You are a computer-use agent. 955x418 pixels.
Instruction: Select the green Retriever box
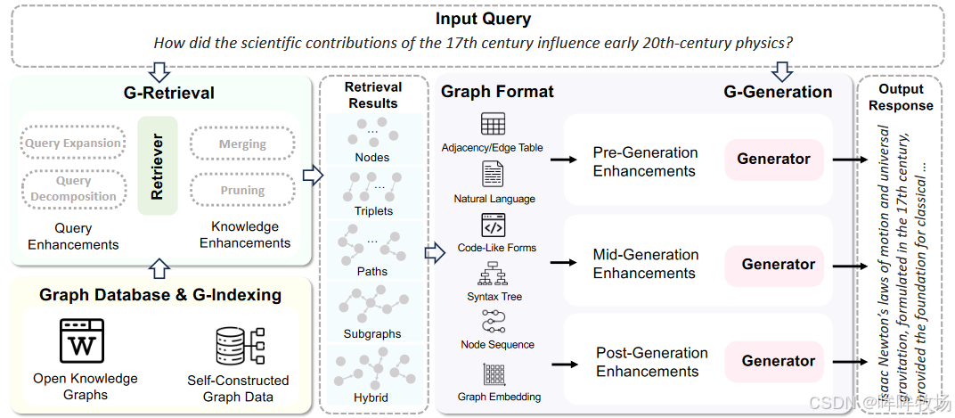point(158,166)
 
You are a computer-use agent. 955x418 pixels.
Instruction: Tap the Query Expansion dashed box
point(73,143)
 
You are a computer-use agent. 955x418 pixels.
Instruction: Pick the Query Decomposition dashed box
point(73,188)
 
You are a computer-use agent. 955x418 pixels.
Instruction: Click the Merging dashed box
point(242,143)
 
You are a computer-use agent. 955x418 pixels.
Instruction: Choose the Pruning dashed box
point(242,190)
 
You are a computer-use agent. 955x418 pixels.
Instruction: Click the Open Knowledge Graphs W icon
point(81,340)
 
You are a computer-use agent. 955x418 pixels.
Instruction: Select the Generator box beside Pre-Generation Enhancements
point(773,159)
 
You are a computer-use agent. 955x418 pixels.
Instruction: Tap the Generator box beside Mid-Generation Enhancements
point(778,264)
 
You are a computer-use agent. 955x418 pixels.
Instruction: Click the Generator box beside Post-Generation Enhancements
point(778,361)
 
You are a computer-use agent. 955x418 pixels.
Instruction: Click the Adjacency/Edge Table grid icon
point(493,124)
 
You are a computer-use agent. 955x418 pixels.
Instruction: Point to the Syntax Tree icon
point(493,275)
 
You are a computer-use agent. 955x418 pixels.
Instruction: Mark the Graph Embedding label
point(499,397)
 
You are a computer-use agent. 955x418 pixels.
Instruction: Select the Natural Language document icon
point(493,174)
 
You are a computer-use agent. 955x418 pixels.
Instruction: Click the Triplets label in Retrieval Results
point(372,211)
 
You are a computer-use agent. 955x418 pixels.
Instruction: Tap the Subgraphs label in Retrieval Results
point(372,334)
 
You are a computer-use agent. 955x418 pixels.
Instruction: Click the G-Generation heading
point(777,92)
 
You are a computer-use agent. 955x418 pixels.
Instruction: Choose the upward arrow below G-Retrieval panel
point(158,266)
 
